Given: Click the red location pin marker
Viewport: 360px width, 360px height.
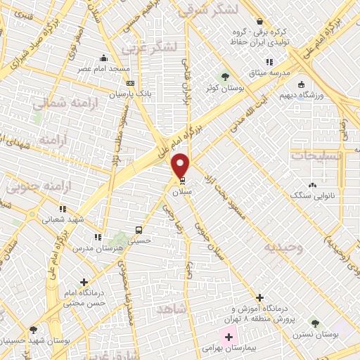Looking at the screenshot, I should pyautogui.click(x=181, y=165).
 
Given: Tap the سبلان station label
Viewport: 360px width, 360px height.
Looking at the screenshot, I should pyautogui.click(x=182, y=191).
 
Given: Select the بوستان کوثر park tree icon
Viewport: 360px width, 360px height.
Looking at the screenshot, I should pyautogui.click(x=225, y=76).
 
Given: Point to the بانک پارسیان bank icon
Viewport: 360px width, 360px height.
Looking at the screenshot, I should pyautogui.click(x=130, y=83).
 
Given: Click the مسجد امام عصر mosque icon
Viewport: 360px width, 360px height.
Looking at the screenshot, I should pyautogui.click(x=104, y=58).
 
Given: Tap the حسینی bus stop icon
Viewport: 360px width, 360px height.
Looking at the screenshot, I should pyautogui.click(x=139, y=229).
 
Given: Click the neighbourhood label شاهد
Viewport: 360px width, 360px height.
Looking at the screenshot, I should pyautogui.click(x=172, y=309).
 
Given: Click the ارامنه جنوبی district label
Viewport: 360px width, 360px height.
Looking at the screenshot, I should pyautogui.click(x=25, y=188).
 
